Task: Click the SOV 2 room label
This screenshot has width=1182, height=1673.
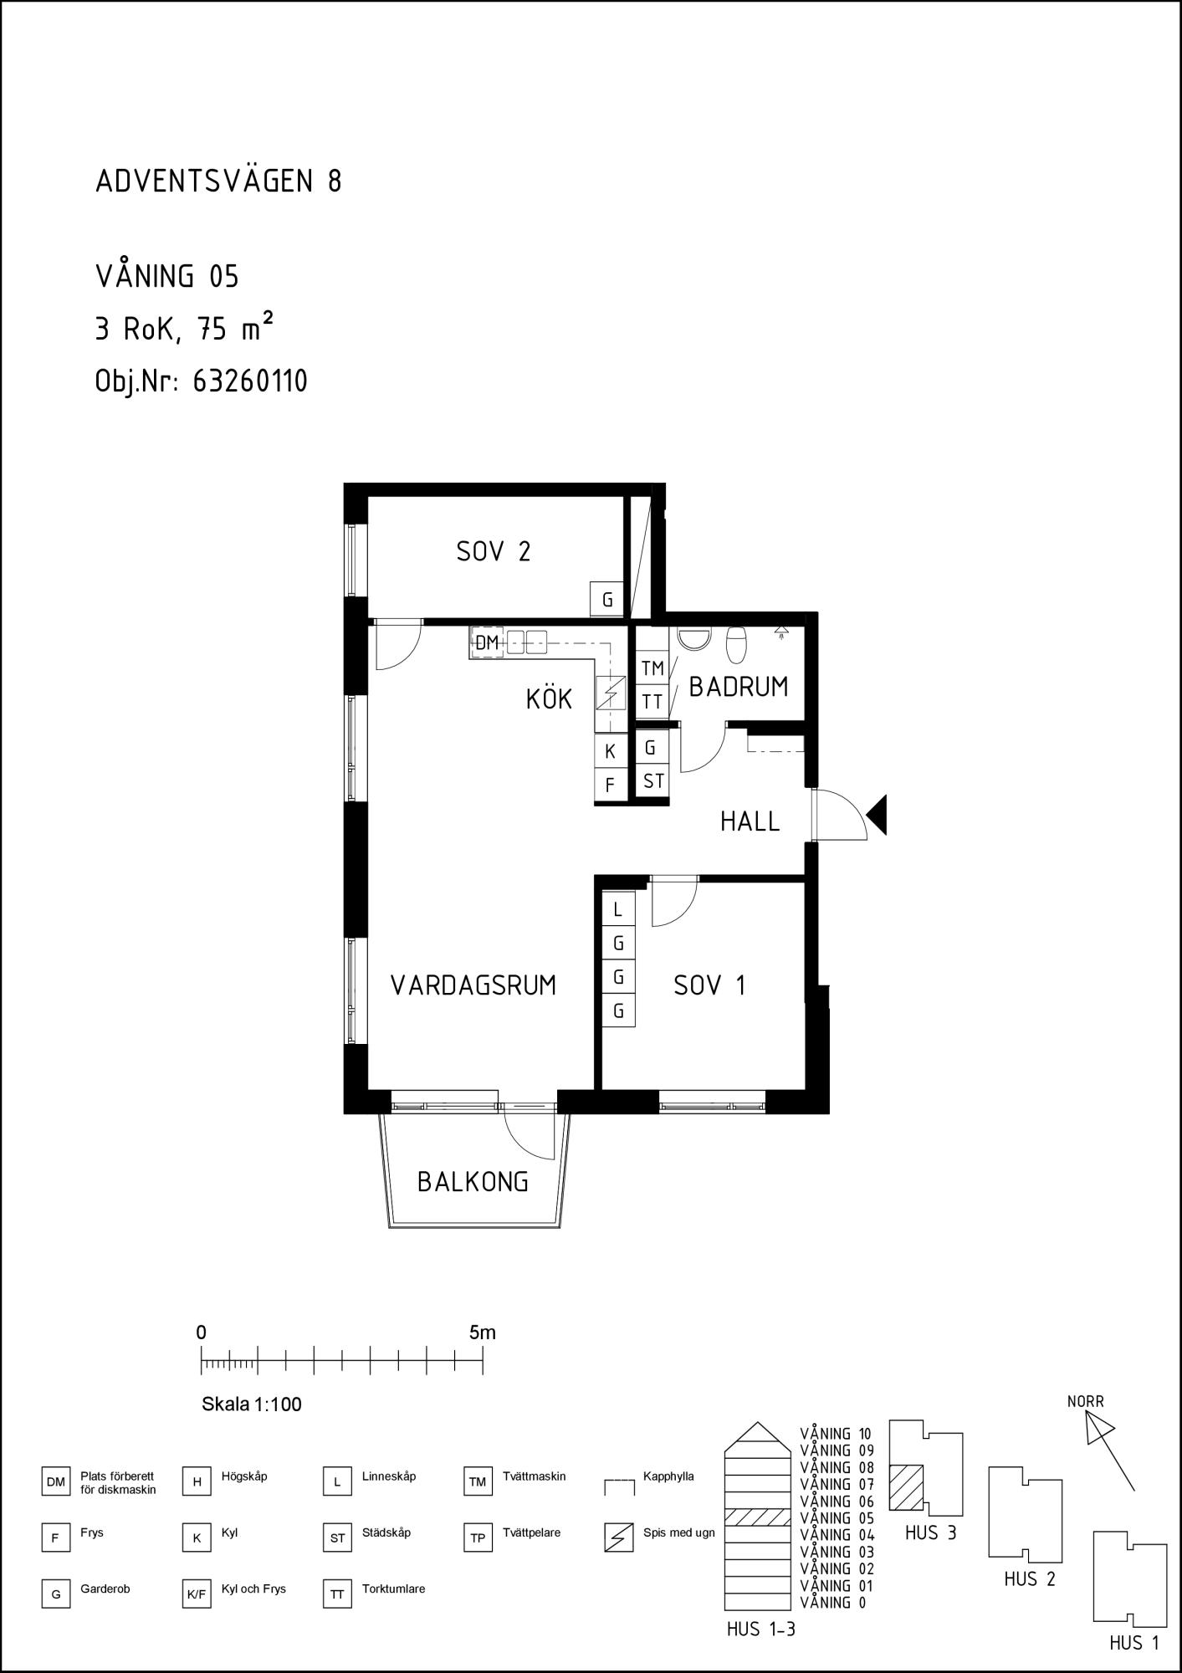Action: point(494,551)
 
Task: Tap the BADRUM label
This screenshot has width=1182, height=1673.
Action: point(738,687)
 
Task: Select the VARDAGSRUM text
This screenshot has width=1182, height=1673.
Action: point(473,985)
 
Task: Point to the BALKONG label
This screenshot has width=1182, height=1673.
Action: point(473,1182)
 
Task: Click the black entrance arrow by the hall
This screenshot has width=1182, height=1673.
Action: point(877,816)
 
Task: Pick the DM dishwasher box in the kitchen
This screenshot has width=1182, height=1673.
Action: point(487,643)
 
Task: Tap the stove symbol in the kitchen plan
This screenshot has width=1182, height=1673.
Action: point(610,692)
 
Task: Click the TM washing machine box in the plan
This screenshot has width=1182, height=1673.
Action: point(652,668)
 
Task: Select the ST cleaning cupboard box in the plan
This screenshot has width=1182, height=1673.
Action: point(653,780)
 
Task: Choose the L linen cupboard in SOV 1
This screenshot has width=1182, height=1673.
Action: point(618,909)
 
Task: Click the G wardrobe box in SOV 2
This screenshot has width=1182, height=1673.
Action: point(607,600)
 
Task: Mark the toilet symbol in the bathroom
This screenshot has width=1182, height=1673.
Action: point(736,644)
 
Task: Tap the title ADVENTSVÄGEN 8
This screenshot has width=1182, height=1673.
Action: point(218,182)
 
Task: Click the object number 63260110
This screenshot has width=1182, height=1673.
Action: point(250,381)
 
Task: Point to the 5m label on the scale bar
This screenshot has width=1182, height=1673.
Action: point(483,1333)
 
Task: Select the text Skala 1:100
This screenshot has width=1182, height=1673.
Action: point(252,1404)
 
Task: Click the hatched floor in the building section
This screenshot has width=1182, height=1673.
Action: point(757,1517)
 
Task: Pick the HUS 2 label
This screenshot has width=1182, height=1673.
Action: point(1030,1579)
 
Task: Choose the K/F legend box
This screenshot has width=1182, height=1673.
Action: point(197,1595)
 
